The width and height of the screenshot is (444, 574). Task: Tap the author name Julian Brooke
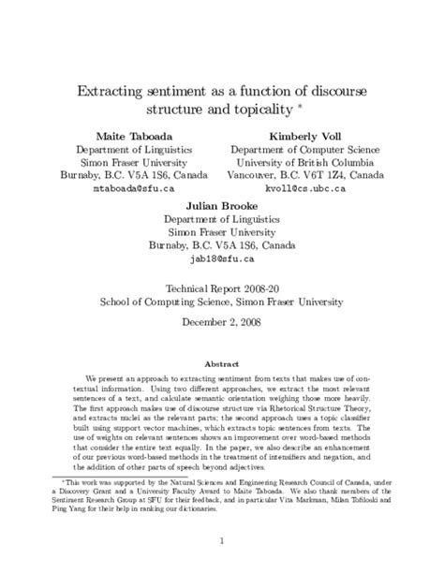tap(222, 205)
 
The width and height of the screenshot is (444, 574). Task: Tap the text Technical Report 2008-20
tap(222, 289)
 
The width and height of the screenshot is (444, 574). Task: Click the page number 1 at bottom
tap(222, 540)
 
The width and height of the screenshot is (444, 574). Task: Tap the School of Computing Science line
tap(222, 302)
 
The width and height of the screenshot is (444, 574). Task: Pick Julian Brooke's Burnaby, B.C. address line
tap(222, 245)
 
